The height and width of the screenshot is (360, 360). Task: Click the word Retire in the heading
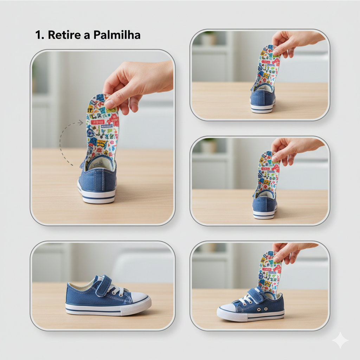point(64,35)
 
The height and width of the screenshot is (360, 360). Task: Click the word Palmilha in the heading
point(117,35)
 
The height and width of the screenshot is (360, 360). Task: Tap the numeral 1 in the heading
point(38,35)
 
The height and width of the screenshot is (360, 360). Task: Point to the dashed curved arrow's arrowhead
point(81,123)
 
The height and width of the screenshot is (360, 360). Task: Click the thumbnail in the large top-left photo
point(110,104)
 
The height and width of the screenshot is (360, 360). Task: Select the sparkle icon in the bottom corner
point(340,340)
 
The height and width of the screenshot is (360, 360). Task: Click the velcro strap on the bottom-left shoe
point(104,286)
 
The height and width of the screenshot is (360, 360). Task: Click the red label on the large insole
point(98,122)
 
